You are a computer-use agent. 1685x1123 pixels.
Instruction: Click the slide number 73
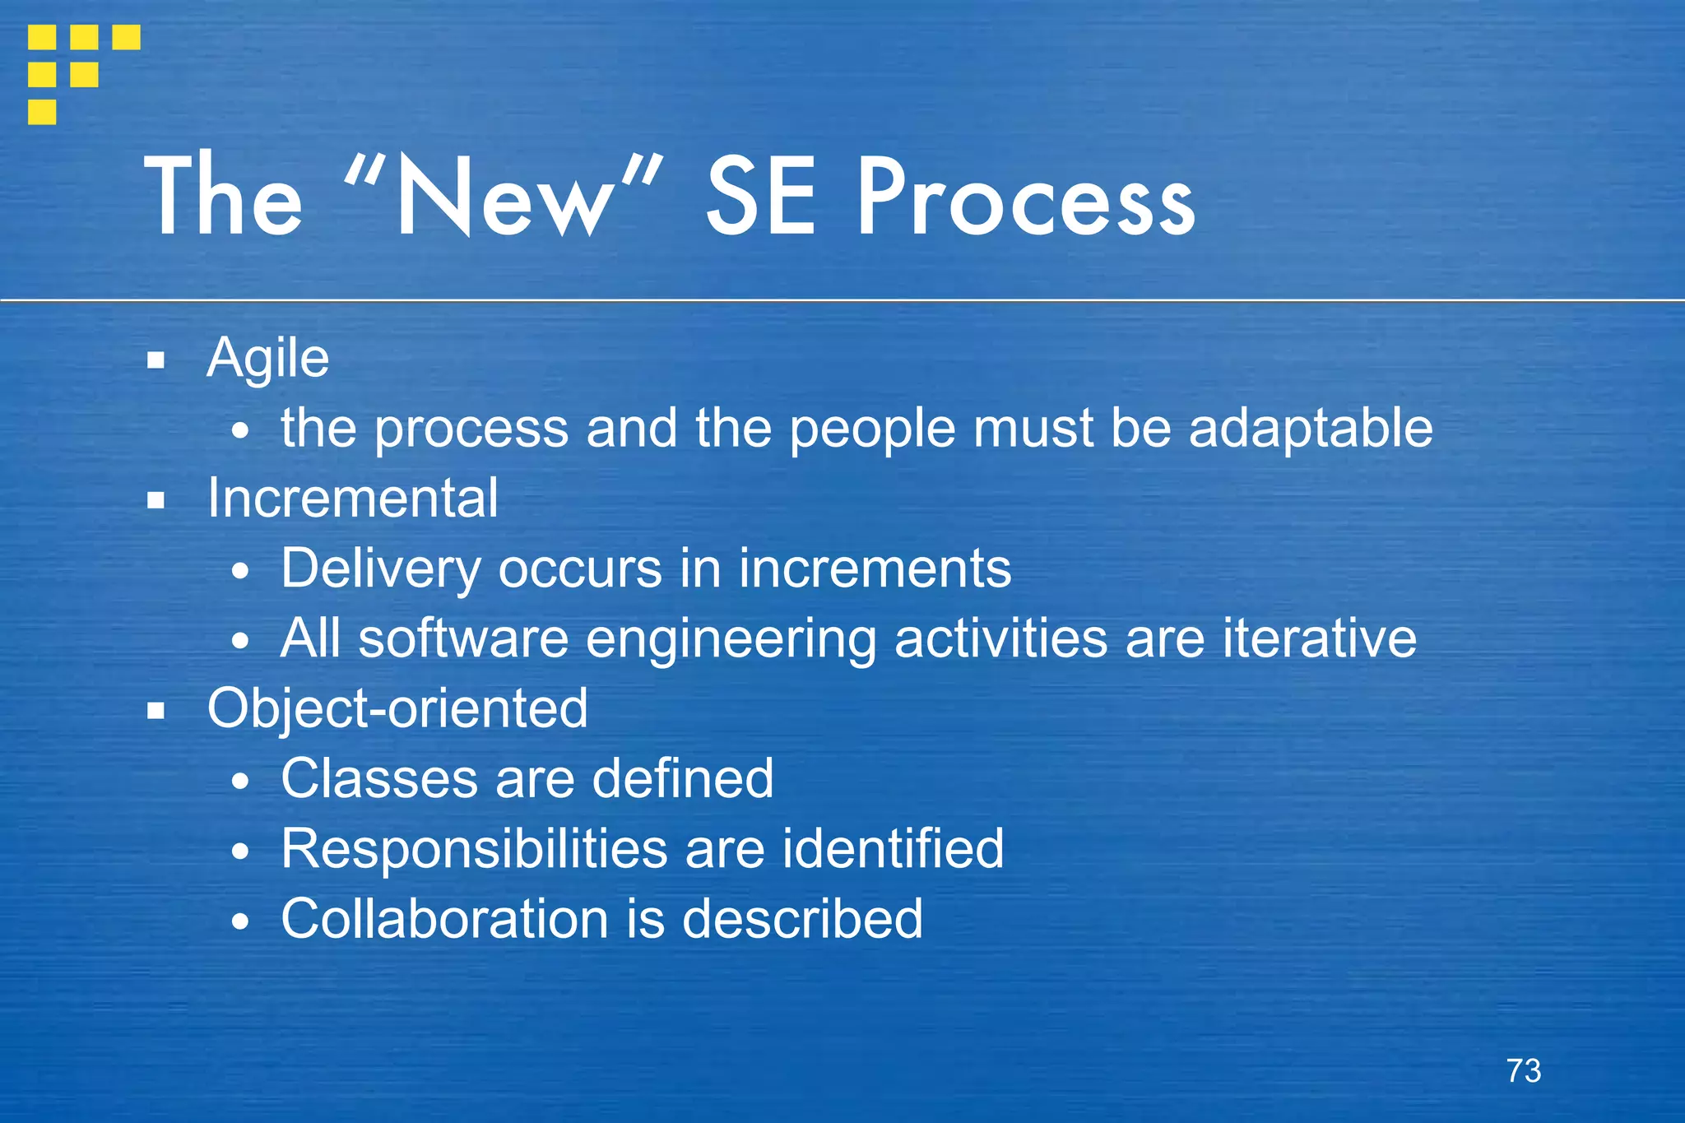click(x=1523, y=1070)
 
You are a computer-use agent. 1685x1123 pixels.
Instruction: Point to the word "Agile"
click(x=268, y=360)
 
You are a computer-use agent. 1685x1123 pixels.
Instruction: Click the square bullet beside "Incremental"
click(x=156, y=499)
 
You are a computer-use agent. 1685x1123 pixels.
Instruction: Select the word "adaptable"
click(x=1310, y=429)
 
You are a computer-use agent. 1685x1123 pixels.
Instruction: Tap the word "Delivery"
click(x=380, y=569)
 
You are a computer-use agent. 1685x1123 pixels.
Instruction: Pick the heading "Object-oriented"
click(x=397, y=708)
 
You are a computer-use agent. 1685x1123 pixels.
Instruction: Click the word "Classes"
click(x=378, y=778)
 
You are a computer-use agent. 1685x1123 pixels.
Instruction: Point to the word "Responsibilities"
click(x=473, y=848)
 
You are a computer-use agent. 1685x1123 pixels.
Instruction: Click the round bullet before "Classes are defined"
click(x=239, y=782)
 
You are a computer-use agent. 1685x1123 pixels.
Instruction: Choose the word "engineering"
click(x=731, y=640)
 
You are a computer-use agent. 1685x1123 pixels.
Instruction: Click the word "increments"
click(x=875, y=569)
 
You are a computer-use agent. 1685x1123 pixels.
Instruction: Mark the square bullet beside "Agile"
click(x=156, y=360)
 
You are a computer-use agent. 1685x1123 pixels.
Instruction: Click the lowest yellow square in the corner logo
click(x=42, y=111)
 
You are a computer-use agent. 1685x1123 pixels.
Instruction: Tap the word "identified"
click(x=893, y=848)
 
